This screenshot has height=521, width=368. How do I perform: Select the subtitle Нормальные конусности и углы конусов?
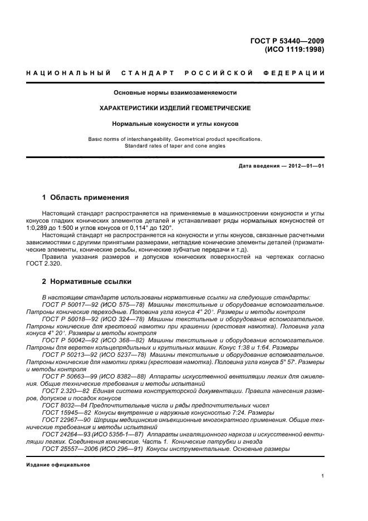pos(175,123)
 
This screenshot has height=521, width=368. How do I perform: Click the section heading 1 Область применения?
pos(86,198)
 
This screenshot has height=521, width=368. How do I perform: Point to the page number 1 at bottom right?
pos(322,476)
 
